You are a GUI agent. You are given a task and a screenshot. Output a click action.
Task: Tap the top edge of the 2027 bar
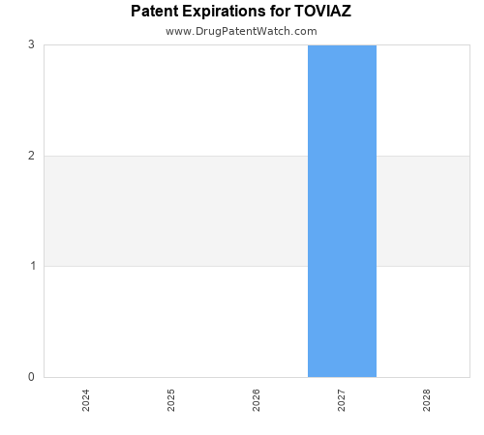[342, 45]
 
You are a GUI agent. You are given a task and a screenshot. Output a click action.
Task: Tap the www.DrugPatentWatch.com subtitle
[241, 31]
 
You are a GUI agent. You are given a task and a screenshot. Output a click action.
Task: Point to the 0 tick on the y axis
[32, 377]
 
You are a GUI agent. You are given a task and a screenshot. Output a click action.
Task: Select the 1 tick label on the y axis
[32, 266]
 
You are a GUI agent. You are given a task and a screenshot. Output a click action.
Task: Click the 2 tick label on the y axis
[32, 156]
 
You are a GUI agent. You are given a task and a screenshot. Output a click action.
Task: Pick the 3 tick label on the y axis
[32, 44]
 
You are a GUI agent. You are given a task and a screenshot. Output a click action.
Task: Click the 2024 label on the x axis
[86, 400]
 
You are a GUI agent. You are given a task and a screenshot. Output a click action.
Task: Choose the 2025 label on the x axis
[171, 400]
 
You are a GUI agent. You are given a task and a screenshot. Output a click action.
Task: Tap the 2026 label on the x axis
[257, 400]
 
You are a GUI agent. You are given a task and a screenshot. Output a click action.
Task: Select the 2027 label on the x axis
[342, 400]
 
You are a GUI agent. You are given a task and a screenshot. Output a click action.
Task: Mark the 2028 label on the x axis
[427, 400]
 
